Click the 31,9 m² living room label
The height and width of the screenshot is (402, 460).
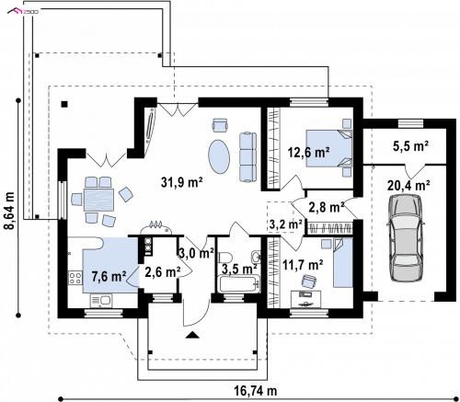(x=181, y=182)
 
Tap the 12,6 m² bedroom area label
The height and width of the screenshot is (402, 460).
(x=309, y=152)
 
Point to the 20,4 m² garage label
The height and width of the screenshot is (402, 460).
(x=408, y=185)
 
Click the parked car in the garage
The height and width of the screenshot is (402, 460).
(x=406, y=238)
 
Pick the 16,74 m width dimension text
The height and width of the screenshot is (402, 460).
(x=256, y=391)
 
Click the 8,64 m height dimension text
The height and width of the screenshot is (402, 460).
(x=10, y=211)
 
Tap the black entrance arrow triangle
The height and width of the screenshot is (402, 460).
(x=192, y=335)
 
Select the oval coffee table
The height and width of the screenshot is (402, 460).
(x=219, y=157)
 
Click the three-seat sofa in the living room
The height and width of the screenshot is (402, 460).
(x=247, y=157)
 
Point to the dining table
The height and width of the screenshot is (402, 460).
(x=98, y=200)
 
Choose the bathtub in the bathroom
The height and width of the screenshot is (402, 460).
(x=238, y=284)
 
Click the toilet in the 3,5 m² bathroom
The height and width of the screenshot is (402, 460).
(x=224, y=258)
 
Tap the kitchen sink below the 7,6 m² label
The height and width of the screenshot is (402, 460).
(x=101, y=300)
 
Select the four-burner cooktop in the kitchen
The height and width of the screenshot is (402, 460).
(x=75, y=278)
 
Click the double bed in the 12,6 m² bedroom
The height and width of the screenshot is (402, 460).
(x=329, y=148)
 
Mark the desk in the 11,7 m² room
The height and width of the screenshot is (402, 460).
(x=305, y=299)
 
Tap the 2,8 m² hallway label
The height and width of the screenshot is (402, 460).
(x=326, y=208)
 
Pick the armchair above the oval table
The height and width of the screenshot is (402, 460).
(x=220, y=125)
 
